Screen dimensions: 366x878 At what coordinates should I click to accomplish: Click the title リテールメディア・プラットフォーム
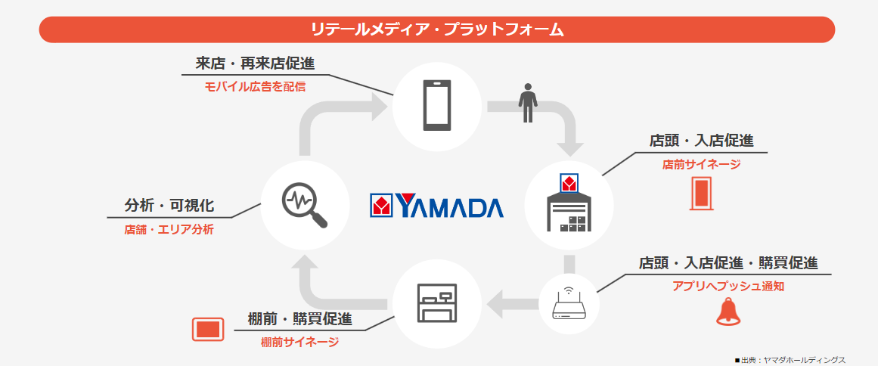click(x=437, y=29)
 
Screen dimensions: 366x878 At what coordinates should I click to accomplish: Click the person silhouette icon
click(x=528, y=102)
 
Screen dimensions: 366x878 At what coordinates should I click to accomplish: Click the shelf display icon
click(x=437, y=302)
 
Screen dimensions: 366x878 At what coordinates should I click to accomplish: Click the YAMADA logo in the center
click(x=436, y=206)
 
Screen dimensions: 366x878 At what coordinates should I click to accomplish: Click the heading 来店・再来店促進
click(x=255, y=64)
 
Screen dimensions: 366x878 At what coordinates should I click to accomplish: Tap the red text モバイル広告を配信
click(x=255, y=87)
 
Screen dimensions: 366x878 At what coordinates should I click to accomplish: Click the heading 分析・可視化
click(x=169, y=205)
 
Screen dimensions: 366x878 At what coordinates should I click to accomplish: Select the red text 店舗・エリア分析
click(x=169, y=229)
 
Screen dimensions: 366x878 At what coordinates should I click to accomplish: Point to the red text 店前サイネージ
click(x=701, y=163)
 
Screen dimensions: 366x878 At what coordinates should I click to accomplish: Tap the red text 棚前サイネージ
click(x=299, y=342)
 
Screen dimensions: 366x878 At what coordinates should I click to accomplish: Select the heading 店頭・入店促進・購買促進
click(x=728, y=262)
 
